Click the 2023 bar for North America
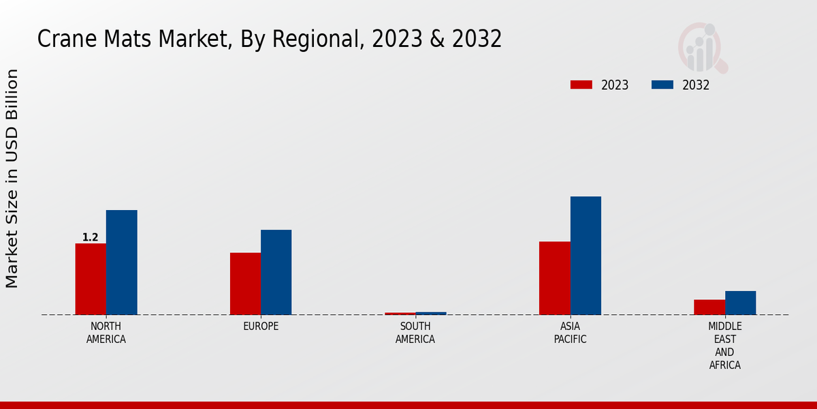pos(91,279)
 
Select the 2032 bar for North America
pos(121,262)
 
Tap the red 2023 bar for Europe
pos(245,284)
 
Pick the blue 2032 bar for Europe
pos(276,272)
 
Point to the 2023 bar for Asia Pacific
pos(554,278)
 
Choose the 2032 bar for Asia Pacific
pos(586,256)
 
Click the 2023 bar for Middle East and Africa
pos(709,307)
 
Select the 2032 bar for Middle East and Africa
pos(740,303)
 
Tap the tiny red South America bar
pos(400,314)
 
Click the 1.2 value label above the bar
pos(91,237)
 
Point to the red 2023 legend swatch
pos(581,85)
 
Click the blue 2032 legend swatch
pos(662,85)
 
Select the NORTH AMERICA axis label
pos(106,333)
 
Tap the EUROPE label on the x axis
pos(261,327)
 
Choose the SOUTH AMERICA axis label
pos(415,333)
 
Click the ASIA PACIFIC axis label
pos(570,333)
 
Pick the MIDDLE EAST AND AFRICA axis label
pos(724,346)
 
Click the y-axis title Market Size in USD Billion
pos(12,179)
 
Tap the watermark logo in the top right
pos(702,48)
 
